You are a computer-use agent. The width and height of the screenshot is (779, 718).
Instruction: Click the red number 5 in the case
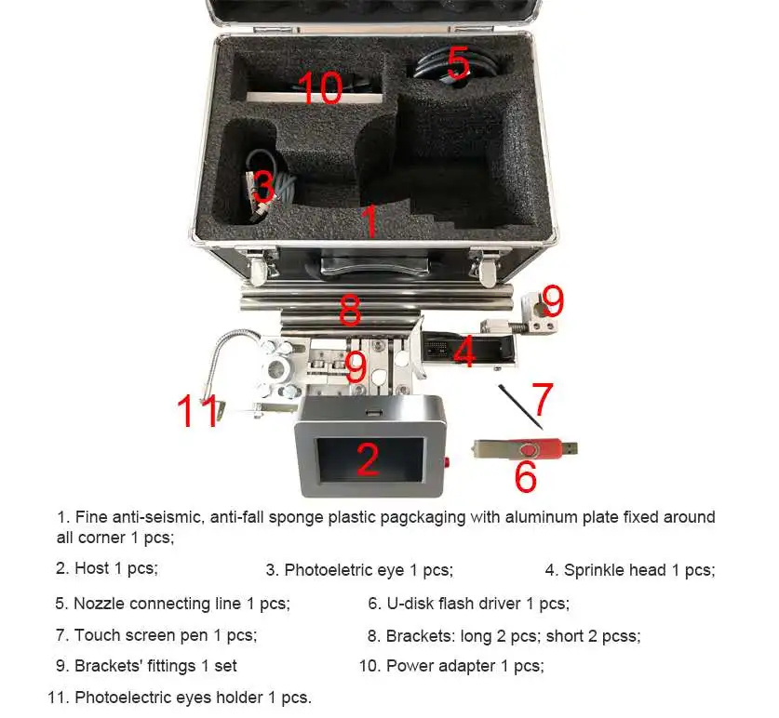pyautogui.click(x=458, y=62)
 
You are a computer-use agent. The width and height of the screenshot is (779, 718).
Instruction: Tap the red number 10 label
pyautogui.click(x=320, y=87)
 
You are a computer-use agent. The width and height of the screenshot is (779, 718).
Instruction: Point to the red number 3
pyautogui.click(x=263, y=186)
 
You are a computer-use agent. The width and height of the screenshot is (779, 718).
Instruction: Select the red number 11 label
pyautogui.click(x=198, y=410)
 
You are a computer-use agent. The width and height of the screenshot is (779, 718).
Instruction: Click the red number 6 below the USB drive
pyautogui.click(x=526, y=476)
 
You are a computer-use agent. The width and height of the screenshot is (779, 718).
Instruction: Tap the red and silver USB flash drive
pyautogui.click(x=525, y=449)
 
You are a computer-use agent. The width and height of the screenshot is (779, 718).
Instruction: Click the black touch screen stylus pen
pyautogui.click(x=520, y=406)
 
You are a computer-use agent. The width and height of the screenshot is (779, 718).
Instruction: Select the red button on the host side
pyautogui.click(x=447, y=462)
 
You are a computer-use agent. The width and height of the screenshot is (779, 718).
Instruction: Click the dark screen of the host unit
pyautogui.click(x=370, y=459)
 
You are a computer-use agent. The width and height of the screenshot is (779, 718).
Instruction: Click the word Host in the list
pyautogui.click(x=91, y=568)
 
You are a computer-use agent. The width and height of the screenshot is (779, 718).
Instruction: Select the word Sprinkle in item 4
pyautogui.click(x=592, y=570)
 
